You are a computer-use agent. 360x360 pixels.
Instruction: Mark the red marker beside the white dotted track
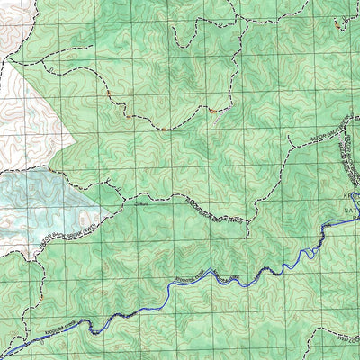point(212,110)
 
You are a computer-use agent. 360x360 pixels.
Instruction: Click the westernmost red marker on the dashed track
point(107,93)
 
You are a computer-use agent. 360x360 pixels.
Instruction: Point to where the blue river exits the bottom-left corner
point(4,355)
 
